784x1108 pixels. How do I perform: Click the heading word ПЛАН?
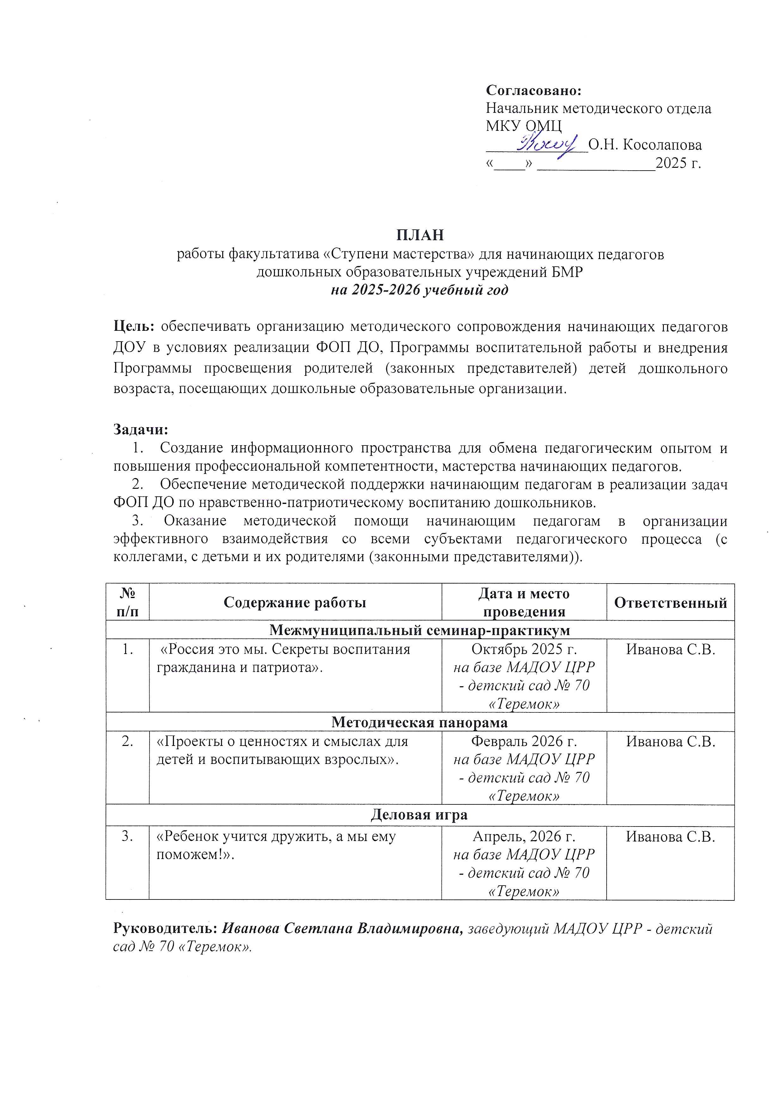tap(420, 235)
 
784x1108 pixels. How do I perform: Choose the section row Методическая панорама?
tap(420, 722)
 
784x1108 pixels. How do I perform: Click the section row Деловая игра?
tap(420, 814)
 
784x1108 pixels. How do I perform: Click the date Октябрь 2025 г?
tap(524, 649)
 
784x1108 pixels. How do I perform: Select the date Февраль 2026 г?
tap(524, 741)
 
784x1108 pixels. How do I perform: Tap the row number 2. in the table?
tap(127, 741)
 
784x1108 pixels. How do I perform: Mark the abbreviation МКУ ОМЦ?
tap(524, 126)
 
